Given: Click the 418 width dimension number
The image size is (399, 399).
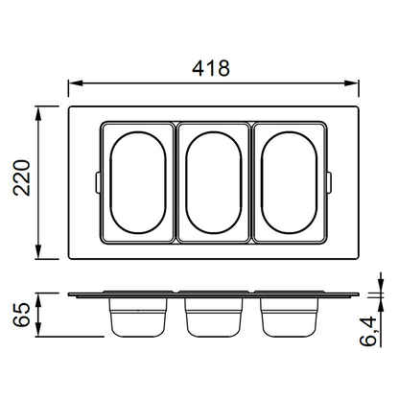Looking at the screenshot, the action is coord(211,68).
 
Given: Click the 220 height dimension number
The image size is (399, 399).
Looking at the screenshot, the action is coord(21,177).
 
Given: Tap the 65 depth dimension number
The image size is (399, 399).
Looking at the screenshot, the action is coord(21,315).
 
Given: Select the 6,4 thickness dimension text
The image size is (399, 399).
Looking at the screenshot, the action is coord(368,331).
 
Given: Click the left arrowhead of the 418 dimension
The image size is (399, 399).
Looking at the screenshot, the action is coord(76,83).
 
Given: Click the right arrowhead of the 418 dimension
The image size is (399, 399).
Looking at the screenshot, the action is coord(351,83).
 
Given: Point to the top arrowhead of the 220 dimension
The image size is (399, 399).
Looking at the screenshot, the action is coord(38,114).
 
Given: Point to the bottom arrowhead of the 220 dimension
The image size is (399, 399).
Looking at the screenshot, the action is coord(38,251).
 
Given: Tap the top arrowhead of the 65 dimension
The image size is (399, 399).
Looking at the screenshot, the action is coord(38,300).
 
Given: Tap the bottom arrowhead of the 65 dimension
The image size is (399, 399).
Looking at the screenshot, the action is coord(38,329).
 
